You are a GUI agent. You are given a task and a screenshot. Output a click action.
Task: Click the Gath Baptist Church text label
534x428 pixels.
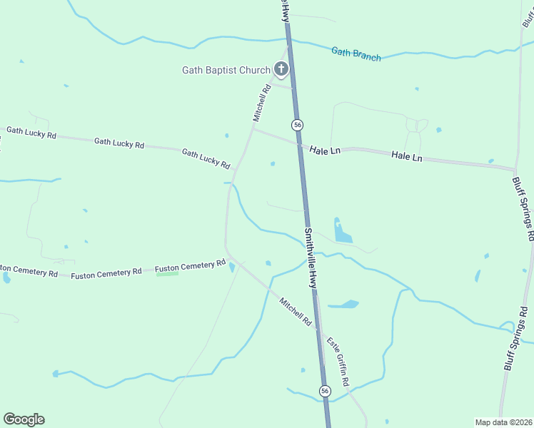(x=226, y=70)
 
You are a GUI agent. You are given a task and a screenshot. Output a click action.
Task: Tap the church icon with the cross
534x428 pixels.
(x=281, y=69)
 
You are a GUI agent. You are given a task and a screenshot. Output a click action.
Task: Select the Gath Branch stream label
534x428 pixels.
(x=356, y=53)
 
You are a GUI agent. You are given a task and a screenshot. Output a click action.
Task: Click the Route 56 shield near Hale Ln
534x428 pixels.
(x=297, y=125)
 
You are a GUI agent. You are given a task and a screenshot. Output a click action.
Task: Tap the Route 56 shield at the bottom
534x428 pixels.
(x=325, y=391)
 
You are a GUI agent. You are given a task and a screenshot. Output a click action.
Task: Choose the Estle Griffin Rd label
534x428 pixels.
(x=338, y=362)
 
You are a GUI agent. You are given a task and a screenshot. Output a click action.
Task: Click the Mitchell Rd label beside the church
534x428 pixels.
(x=262, y=102)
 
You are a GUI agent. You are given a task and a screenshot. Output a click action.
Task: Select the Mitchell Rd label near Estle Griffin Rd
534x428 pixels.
(x=296, y=312)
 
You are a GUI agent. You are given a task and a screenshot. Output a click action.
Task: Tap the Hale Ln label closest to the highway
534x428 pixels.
(x=325, y=150)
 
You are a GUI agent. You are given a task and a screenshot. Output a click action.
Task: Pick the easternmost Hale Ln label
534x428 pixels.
(x=407, y=156)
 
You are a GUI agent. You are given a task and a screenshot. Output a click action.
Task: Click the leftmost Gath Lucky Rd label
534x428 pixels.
(x=31, y=133)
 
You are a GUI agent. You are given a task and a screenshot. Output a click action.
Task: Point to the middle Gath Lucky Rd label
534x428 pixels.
(x=119, y=143)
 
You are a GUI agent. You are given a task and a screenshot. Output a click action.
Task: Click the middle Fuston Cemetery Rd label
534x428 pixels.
(x=106, y=272)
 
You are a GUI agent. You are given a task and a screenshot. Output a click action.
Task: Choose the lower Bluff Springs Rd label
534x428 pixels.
(x=518, y=338)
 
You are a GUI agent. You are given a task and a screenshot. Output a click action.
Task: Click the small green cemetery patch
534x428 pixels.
(x=167, y=274)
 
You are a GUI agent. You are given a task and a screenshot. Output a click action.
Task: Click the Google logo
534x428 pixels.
(x=24, y=419)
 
